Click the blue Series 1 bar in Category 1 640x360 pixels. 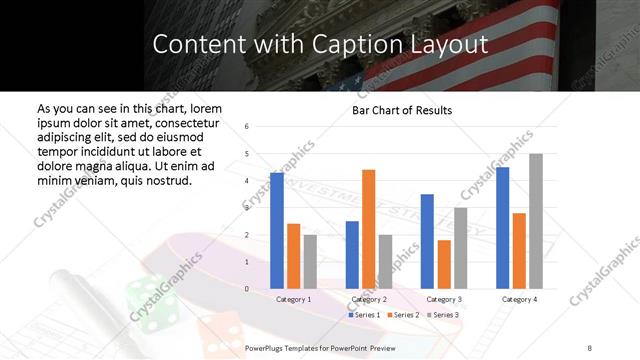[x=277, y=231]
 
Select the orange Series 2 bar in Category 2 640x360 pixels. [x=369, y=229]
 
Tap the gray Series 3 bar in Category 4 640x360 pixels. [x=536, y=221]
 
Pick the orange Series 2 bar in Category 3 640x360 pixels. [x=444, y=264]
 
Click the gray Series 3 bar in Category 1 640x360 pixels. [x=311, y=262]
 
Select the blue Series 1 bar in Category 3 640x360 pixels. [x=427, y=241]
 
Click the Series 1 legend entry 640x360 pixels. [x=365, y=315]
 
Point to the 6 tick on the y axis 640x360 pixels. [x=247, y=127]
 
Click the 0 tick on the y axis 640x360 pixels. [x=247, y=289]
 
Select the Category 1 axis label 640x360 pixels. [x=294, y=299]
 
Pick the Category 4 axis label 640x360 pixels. [x=519, y=299]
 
